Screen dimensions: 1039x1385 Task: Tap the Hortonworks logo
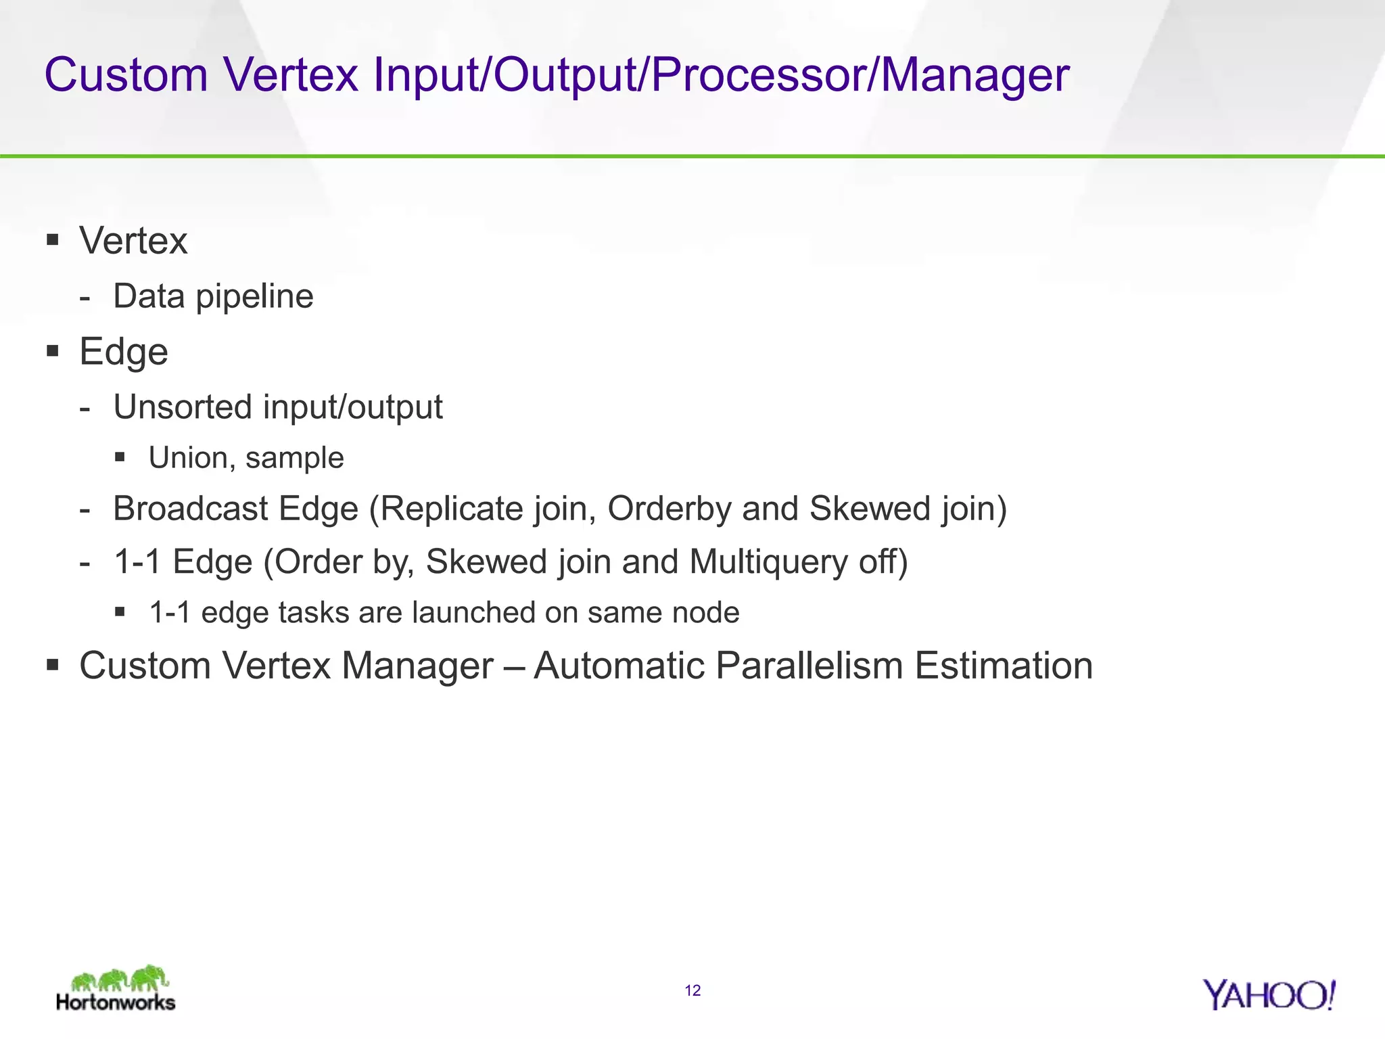(x=116, y=990)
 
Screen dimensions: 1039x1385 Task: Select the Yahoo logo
(x=1269, y=995)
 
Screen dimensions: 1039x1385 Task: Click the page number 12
(x=692, y=991)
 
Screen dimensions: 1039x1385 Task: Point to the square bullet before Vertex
(x=53, y=239)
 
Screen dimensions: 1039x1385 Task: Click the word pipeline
(x=254, y=297)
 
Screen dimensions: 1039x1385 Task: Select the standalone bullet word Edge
(x=124, y=352)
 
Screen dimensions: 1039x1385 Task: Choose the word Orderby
(x=669, y=509)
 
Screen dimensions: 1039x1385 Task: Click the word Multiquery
(x=768, y=562)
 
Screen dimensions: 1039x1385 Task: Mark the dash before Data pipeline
(x=85, y=298)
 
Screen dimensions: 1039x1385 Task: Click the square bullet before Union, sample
(x=120, y=457)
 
